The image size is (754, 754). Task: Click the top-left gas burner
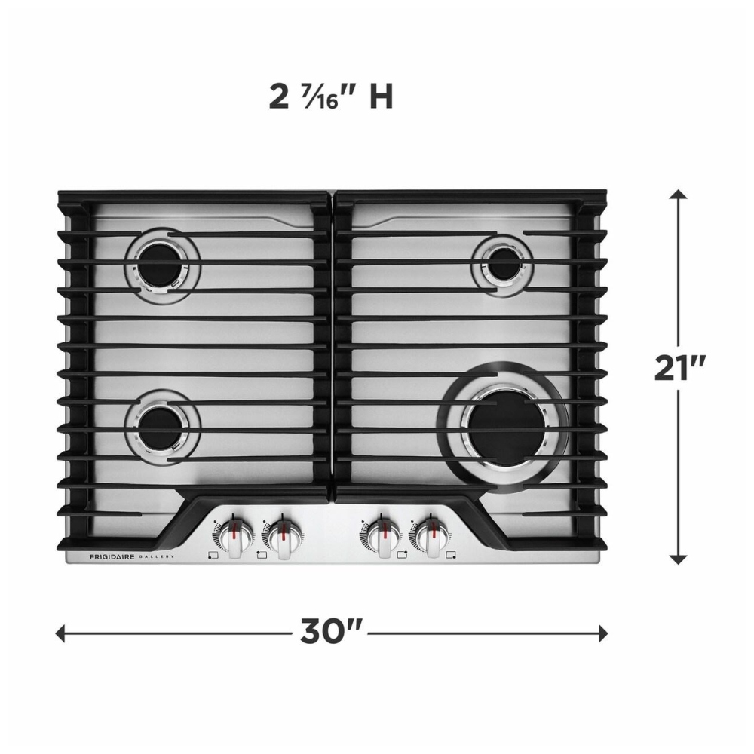[x=163, y=266]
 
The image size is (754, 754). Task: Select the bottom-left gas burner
[x=163, y=427]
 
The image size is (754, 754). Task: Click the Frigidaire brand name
[x=112, y=557]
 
